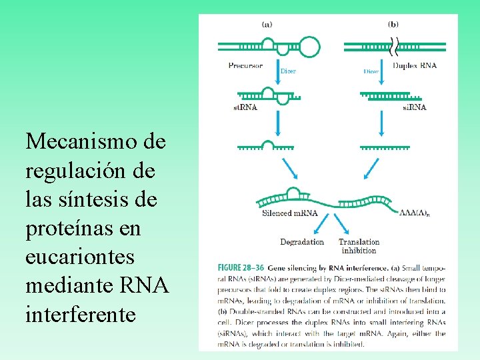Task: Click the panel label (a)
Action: pyautogui.click(x=267, y=24)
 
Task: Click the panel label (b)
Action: pyautogui.click(x=393, y=24)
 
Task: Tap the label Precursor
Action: pyautogui.click(x=245, y=65)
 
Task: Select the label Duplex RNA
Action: pyautogui.click(x=415, y=65)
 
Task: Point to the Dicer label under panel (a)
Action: pyautogui.click(x=288, y=71)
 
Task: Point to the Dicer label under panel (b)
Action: pyautogui.click(x=371, y=71)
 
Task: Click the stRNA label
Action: pyautogui.click(x=245, y=107)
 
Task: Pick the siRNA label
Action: pyautogui.click(x=415, y=107)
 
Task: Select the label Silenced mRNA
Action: pyautogui.click(x=290, y=214)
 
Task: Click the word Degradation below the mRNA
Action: pyautogui.click(x=302, y=242)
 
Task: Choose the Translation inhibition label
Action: pyautogui.click(x=359, y=246)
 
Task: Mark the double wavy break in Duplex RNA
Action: pyautogui.click(x=395, y=46)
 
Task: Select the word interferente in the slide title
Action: pyautogui.click(x=81, y=313)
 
